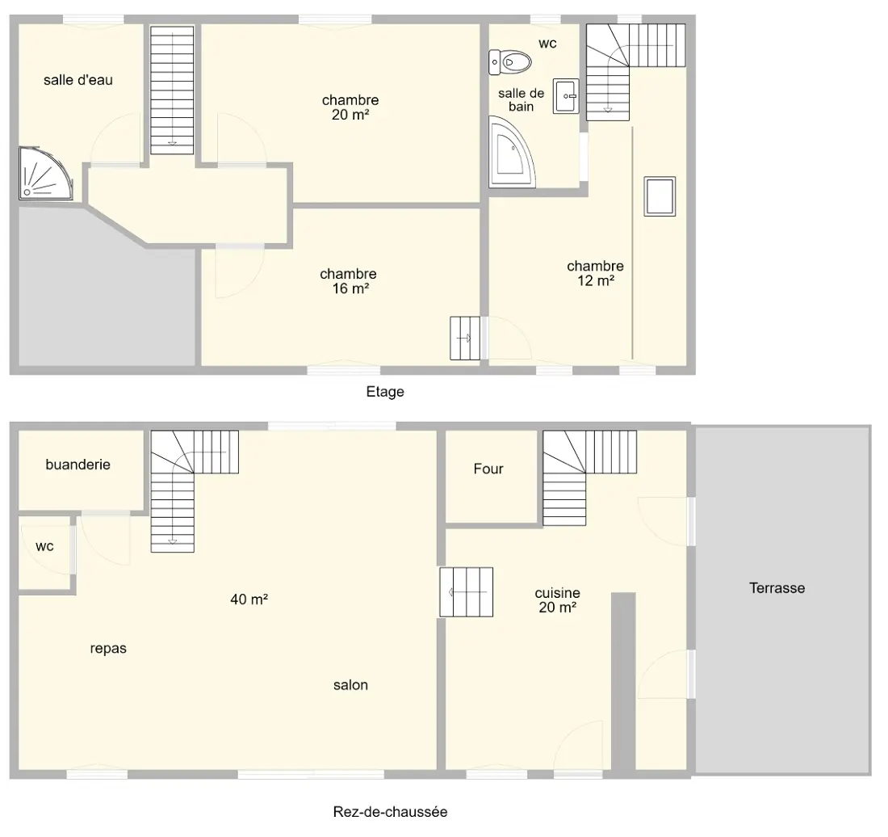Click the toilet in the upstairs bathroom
tap(509, 61)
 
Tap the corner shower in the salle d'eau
tap(45, 174)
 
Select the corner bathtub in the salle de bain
tap(512, 151)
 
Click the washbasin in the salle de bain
tap(566, 96)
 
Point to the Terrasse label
tap(777, 588)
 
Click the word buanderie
tap(78, 465)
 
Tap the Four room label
tap(488, 469)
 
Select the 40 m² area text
tap(249, 599)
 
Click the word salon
tap(350, 685)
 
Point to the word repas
tap(108, 649)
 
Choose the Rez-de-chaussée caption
tap(390, 812)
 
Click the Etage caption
tap(385, 392)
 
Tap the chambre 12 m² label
tap(595, 273)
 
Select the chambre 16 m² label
tap(348, 281)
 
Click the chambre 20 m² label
tap(350, 107)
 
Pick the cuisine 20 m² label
tap(558, 600)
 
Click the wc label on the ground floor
tap(44, 546)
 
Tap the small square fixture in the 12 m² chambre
tap(660, 196)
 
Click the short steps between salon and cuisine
tap(467, 592)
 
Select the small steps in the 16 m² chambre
tap(465, 339)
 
